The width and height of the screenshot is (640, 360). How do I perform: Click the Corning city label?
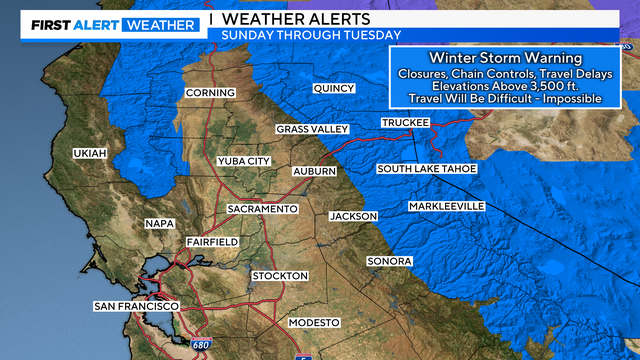click(210, 93)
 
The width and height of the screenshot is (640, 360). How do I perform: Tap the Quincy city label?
click(334, 88)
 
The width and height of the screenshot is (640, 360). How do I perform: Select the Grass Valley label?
click(313, 130)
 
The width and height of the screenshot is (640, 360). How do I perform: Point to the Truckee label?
click(405, 122)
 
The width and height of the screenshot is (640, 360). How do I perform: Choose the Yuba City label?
click(244, 161)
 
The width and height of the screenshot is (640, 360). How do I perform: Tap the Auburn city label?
click(314, 172)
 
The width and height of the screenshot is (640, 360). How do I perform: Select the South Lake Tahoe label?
click(427, 169)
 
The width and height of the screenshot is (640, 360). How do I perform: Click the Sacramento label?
click(262, 208)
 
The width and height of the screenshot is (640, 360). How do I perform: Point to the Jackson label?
click(354, 216)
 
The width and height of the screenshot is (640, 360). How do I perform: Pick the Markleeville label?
click(446, 206)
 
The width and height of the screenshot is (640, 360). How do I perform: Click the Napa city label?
click(160, 223)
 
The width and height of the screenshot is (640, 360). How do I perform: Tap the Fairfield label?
click(212, 242)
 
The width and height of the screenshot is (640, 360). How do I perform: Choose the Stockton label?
click(280, 275)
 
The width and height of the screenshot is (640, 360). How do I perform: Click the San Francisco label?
click(136, 305)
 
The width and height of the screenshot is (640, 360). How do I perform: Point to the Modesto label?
click(314, 322)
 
